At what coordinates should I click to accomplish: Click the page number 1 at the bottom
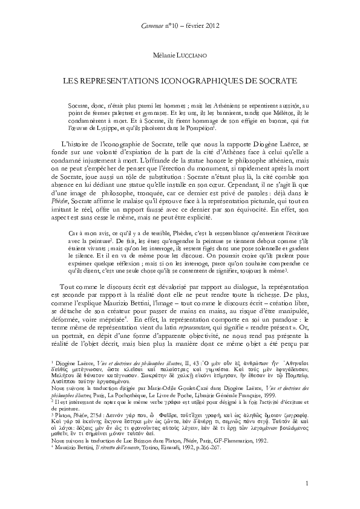point(309,483)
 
